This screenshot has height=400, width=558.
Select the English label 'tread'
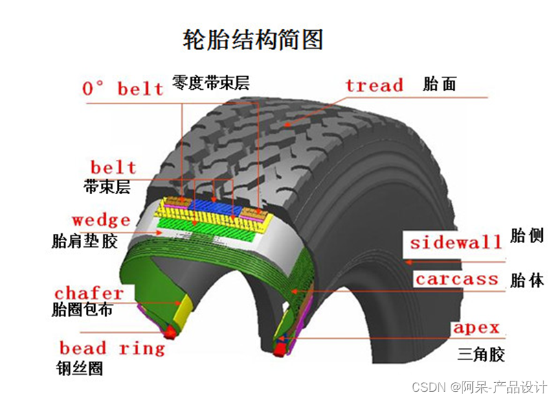click(x=374, y=86)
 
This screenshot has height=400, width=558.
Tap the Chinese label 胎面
click(x=440, y=85)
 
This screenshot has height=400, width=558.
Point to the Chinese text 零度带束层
click(x=210, y=83)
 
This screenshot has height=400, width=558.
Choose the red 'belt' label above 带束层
click(x=113, y=167)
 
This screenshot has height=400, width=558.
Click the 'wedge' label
click(x=101, y=220)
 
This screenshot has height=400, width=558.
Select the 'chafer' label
click(x=89, y=294)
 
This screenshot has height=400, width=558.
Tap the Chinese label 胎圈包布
click(x=82, y=310)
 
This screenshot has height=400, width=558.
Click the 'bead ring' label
click(x=112, y=348)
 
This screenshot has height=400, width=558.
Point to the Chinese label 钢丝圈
click(x=80, y=368)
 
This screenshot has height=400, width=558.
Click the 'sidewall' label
click(x=456, y=242)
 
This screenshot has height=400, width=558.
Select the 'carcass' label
click(x=456, y=279)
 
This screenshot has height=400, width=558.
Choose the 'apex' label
click(x=476, y=328)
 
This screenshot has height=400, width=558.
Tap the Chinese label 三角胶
click(x=481, y=354)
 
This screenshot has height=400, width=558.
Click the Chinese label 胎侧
click(x=527, y=235)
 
